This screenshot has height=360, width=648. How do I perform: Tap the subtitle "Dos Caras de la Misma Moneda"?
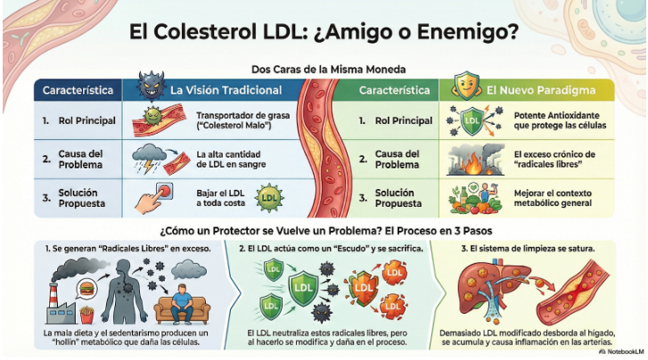324,70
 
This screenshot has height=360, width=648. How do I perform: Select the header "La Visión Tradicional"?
226,90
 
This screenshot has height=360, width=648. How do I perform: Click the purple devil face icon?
150,87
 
